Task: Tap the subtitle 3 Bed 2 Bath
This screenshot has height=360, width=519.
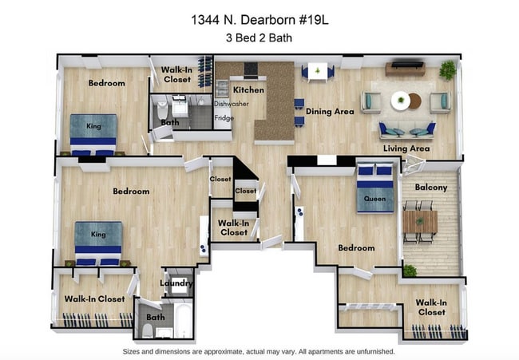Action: (x=259, y=38)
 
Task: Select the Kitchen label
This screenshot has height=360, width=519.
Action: (x=248, y=90)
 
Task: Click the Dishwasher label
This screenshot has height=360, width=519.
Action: (x=232, y=104)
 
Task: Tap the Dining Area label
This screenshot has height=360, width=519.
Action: (x=330, y=112)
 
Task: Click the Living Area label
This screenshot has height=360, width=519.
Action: (x=406, y=148)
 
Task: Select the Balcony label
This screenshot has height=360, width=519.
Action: (x=430, y=188)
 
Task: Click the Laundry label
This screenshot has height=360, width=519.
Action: (x=176, y=283)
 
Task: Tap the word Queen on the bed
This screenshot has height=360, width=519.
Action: (x=374, y=198)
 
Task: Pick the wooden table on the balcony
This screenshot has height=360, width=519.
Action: (x=418, y=221)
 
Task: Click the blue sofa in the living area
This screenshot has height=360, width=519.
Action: (x=406, y=129)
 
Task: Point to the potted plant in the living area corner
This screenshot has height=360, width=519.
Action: (x=447, y=70)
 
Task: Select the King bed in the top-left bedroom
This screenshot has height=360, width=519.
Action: (x=93, y=133)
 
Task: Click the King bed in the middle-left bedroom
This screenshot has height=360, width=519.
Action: (x=98, y=242)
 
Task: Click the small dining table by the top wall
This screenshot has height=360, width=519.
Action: (x=318, y=72)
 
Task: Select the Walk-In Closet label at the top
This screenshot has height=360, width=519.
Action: (x=176, y=74)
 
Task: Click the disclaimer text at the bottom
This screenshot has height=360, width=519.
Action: (x=259, y=351)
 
